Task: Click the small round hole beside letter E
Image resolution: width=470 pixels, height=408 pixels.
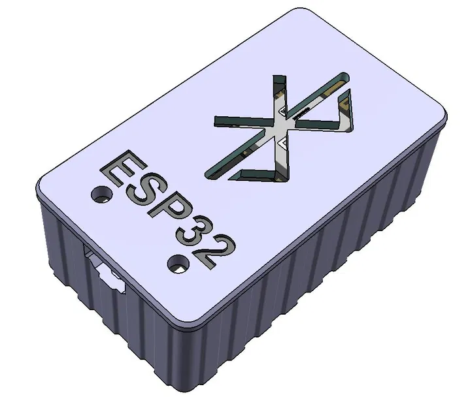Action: tap(101, 194)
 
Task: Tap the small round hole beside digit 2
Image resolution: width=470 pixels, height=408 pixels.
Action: tap(176, 263)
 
